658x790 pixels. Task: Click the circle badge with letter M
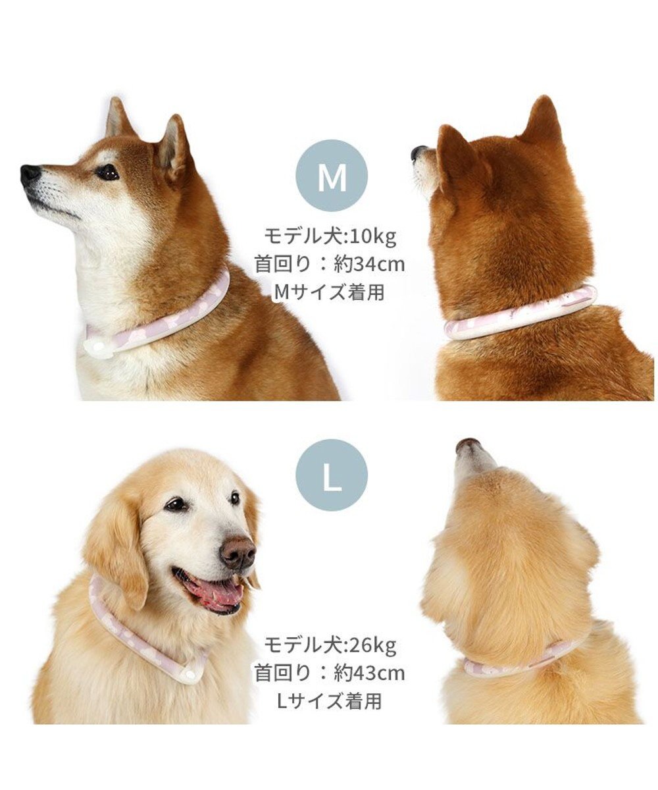[x=331, y=175]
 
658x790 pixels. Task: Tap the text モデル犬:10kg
[x=330, y=235]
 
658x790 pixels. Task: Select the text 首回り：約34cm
[x=330, y=264]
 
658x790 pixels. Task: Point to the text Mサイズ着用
[x=330, y=292]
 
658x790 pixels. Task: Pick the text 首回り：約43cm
[x=330, y=673]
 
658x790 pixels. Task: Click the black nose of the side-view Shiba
[x=30, y=174]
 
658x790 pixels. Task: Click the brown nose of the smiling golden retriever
[x=238, y=552]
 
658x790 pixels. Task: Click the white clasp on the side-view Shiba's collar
[x=99, y=346]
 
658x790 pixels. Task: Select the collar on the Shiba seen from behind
[x=520, y=315]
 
